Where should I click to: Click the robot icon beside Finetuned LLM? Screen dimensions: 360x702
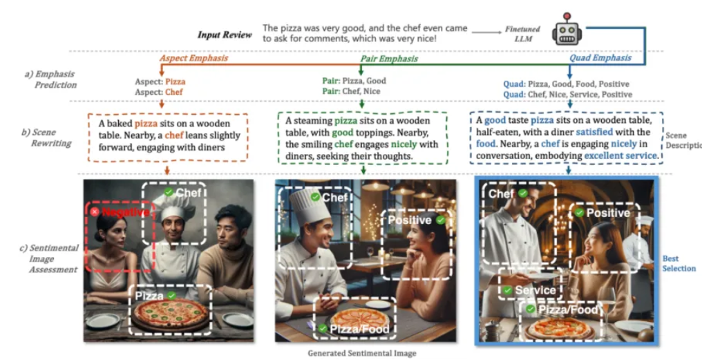tap(566, 30)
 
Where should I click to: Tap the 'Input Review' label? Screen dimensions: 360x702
tap(225, 35)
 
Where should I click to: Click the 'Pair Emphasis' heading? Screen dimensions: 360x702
tap(388, 59)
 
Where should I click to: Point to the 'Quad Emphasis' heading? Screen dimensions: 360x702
tap(600, 58)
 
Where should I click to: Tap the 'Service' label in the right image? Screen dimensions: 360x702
tap(535, 290)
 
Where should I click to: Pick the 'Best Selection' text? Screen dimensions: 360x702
tap(679, 263)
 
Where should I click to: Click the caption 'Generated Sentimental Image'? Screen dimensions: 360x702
tap(362, 353)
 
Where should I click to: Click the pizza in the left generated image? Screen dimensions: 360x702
tap(170, 312)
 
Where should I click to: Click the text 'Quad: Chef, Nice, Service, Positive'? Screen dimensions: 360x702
tap(567, 94)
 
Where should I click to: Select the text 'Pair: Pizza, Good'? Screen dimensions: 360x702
tap(354, 81)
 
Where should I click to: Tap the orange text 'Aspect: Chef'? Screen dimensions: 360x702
tap(160, 92)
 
